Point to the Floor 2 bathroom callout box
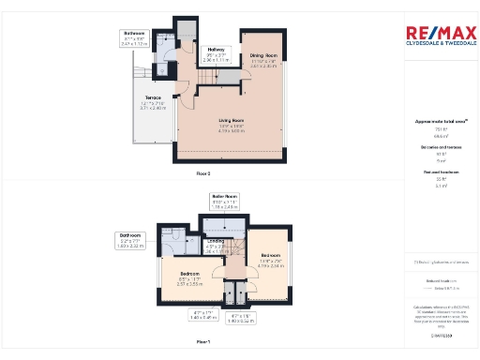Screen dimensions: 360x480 (136, 40)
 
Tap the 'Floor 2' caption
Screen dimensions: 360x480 (203, 174)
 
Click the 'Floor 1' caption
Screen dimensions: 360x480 (203, 343)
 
